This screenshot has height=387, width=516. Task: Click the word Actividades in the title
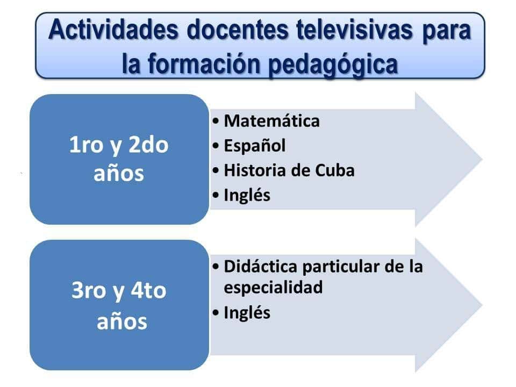pos(113,30)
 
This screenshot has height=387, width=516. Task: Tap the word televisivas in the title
pos(354,30)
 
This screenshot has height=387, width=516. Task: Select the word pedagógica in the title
pos(333,64)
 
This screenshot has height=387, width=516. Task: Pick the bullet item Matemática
pos(272,121)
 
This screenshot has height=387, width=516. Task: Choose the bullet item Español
pos(255,146)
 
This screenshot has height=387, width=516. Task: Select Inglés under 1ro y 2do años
pos(247,195)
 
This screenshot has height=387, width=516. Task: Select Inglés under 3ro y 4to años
pos(247,312)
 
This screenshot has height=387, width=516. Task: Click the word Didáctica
pos(261,266)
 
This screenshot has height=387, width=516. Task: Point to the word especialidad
pos(273,287)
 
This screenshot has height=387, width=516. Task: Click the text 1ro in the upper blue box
pos(86,145)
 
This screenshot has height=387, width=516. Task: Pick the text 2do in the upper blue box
pos(148,144)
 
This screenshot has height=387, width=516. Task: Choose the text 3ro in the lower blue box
pos(88,290)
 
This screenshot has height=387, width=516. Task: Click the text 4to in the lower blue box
pos(148,290)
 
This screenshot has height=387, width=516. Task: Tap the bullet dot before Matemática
pos(216,121)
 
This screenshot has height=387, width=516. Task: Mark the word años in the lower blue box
pos(122,321)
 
